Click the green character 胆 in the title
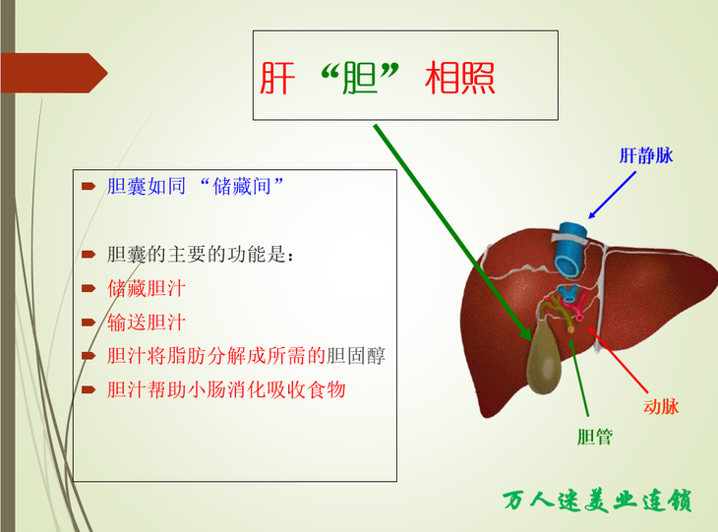click(x=360, y=78)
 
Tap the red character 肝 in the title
click(x=277, y=78)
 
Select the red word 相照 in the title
click(x=460, y=78)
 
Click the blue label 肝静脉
click(x=646, y=155)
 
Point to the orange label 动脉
click(x=661, y=406)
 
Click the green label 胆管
click(x=595, y=437)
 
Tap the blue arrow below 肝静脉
click(x=612, y=195)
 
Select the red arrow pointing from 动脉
click(x=618, y=359)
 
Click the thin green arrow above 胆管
click(x=578, y=378)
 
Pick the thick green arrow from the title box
click(x=452, y=233)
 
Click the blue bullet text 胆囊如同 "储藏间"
click(x=195, y=186)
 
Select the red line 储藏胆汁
click(x=147, y=289)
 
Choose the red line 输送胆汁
click(x=147, y=323)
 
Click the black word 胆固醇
click(x=356, y=356)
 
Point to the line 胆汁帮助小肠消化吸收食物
click(x=226, y=390)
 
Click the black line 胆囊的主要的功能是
click(x=200, y=255)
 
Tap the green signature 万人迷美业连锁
click(x=597, y=501)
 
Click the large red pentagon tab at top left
click(x=54, y=73)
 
